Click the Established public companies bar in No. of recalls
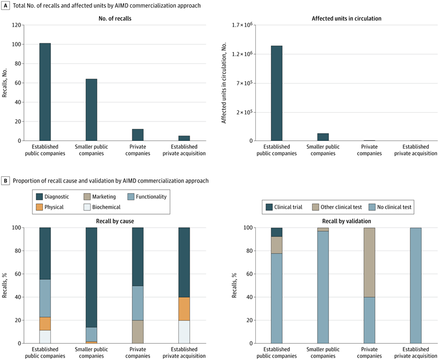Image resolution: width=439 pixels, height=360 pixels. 45,92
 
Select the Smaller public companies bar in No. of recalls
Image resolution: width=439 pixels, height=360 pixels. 91,110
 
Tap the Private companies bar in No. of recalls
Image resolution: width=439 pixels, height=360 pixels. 138,135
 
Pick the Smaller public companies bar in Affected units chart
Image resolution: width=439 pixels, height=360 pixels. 323,137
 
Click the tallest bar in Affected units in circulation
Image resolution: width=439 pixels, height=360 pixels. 276,93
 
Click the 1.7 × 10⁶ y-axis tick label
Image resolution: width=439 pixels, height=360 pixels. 242,25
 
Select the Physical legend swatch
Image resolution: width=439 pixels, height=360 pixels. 39,207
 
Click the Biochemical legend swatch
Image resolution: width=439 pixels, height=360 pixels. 87,207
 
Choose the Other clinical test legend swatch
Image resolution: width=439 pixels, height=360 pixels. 315,207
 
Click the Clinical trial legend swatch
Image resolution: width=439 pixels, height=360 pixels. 269,207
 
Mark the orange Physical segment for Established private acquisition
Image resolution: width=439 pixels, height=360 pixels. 184,308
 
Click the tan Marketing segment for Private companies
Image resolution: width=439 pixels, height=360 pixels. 138,332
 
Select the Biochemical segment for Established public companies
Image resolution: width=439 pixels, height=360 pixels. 45,337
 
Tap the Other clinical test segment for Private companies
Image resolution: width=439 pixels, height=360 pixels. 369,262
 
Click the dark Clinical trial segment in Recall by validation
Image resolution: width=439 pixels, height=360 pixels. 276,232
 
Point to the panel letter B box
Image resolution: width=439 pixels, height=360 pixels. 5,181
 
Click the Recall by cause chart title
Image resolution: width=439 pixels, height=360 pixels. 115,221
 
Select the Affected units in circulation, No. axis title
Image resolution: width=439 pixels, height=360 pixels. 224,83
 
